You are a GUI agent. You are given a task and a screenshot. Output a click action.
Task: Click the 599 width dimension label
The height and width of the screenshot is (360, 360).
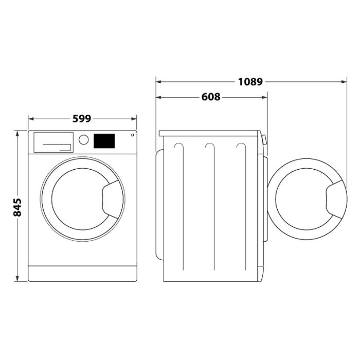click(x=82, y=119)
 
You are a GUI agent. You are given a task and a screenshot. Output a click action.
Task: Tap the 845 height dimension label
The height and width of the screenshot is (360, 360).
click(x=17, y=207)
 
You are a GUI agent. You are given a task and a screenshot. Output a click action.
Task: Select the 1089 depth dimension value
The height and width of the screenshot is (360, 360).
click(x=250, y=81)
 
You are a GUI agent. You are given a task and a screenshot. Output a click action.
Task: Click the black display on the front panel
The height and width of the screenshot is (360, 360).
click(x=104, y=140)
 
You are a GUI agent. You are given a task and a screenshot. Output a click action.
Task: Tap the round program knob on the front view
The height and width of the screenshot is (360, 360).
click(x=83, y=140)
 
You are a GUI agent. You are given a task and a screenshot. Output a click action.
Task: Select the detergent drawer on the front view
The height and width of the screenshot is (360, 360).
click(x=52, y=142)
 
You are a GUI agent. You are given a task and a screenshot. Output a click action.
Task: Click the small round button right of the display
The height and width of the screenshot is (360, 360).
click(x=132, y=135)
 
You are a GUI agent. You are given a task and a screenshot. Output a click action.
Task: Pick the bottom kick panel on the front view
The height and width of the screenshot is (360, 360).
click(x=82, y=273)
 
